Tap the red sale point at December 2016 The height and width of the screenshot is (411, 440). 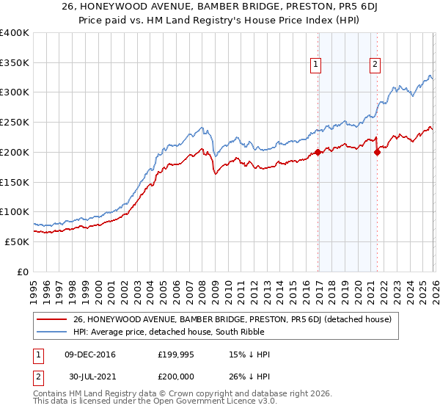(318, 153)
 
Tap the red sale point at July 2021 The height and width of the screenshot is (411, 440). (378, 153)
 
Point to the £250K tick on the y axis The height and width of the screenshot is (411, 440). (15, 123)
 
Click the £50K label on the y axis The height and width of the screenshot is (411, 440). (17, 241)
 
